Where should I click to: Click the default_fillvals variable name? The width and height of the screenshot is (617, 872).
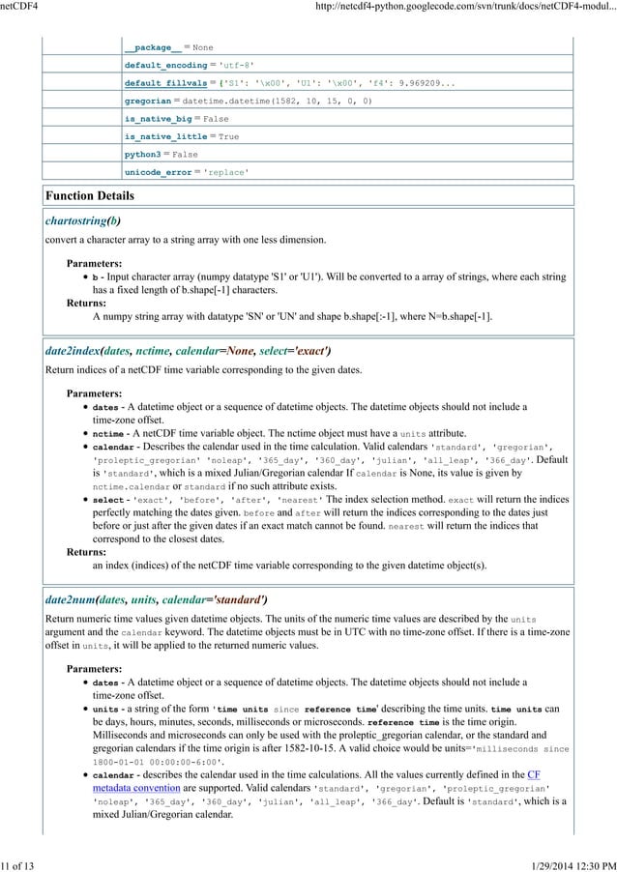(162, 82)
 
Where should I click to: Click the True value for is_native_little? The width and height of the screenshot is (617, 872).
(228, 136)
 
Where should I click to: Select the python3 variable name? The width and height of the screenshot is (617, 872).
(144, 154)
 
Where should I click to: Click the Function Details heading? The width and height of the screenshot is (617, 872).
(90, 196)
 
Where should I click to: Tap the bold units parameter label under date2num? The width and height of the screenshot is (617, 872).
(104, 710)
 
